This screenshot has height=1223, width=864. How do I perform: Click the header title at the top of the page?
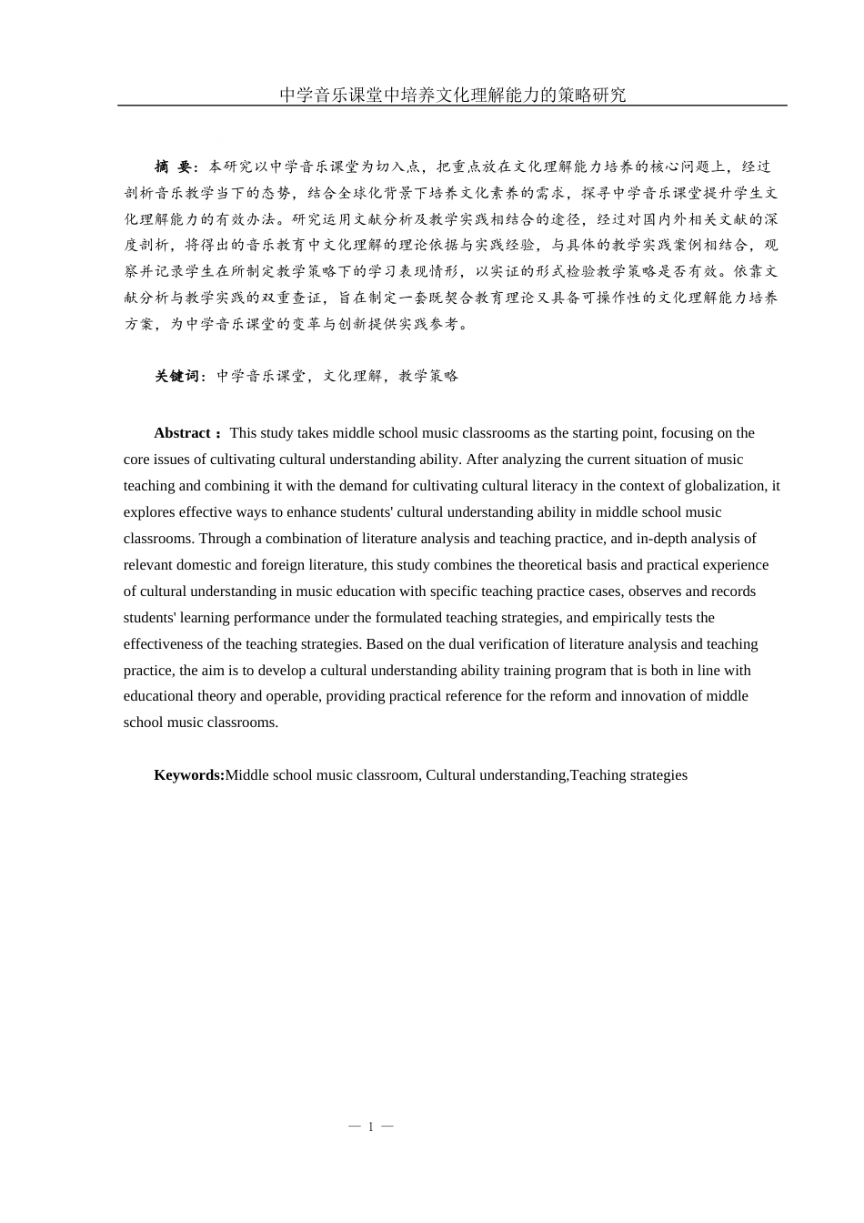point(452,95)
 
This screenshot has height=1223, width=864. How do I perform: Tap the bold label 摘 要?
point(173,167)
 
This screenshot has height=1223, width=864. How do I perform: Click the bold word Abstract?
point(182,433)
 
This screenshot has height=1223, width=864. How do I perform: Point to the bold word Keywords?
point(188,775)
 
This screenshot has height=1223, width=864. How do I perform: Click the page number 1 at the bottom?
point(371,1127)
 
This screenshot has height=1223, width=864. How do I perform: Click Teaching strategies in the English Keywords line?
point(628,775)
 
